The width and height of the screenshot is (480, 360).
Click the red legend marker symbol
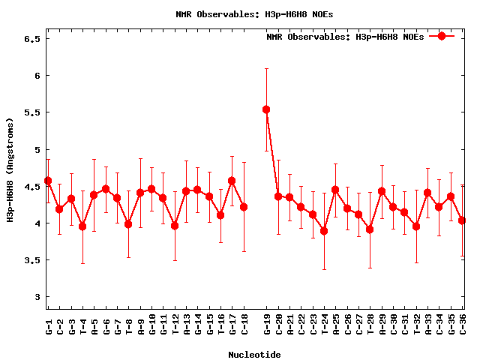pyautogui.click(x=442, y=36)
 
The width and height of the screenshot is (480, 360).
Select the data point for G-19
pyautogui.click(x=266, y=109)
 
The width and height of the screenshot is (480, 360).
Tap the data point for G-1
pyautogui.click(x=48, y=181)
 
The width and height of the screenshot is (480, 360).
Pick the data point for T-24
pyautogui.click(x=324, y=231)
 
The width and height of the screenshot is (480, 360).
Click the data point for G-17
pyautogui.click(x=232, y=181)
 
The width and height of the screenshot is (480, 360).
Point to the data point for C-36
pyautogui.click(x=462, y=220)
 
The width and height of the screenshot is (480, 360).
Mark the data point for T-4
pyautogui.click(x=82, y=226)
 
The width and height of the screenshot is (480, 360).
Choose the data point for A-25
pyautogui.click(x=335, y=190)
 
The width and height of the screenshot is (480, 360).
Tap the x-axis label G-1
pyautogui.click(x=49, y=325)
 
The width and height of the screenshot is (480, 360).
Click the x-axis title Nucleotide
pyautogui.click(x=254, y=355)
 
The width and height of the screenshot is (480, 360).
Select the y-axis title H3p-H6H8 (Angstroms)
pyautogui.click(x=10, y=170)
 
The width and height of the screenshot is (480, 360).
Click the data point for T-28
pyautogui.click(x=370, y=229)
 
